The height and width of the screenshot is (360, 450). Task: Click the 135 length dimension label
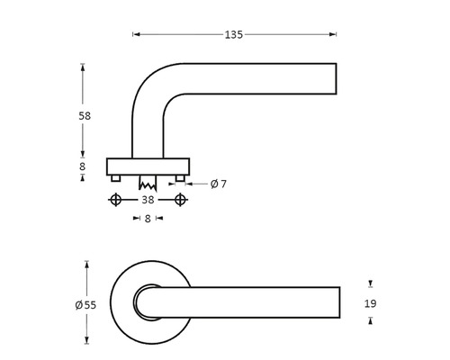(234, 35)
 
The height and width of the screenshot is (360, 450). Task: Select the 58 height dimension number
(83, 116)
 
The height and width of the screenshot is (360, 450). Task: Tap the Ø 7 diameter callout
(218, 184)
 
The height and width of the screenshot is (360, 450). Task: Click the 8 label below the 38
(148, 218)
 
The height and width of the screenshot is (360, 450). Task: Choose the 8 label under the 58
(83, 166)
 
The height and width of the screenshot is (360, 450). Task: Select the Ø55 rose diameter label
(86, 304)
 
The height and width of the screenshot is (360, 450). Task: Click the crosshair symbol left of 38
(115, 200)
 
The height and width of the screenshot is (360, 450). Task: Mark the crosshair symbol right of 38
(182, 200)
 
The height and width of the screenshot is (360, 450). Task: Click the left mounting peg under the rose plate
(115, 179)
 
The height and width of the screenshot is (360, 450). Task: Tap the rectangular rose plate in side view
(148, 166)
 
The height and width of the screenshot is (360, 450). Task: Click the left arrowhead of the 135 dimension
(136, 35)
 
